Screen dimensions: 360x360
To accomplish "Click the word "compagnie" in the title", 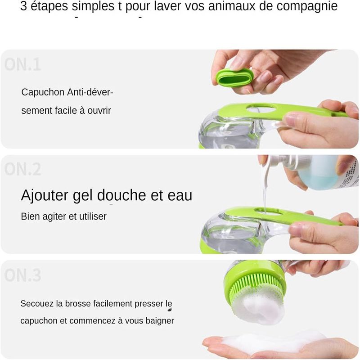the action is tap(307, 6).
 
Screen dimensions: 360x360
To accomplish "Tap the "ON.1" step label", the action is tap(22, 64).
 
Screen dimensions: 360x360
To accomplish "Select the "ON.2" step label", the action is tap(22, 170).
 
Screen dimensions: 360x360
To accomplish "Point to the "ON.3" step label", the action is tap(22, 275).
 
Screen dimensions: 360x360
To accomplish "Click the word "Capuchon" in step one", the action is tap(43, 92).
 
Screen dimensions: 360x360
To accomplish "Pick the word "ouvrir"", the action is tap(99, 110).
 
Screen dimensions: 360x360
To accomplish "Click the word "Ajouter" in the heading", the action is tap(45, 196).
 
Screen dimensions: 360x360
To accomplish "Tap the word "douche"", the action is tap(121, 195).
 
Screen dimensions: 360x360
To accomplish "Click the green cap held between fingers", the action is tap(234, 77).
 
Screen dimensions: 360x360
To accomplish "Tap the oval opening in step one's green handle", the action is tap(261, 108).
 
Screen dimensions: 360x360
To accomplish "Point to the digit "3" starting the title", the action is tap(23, 6).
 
